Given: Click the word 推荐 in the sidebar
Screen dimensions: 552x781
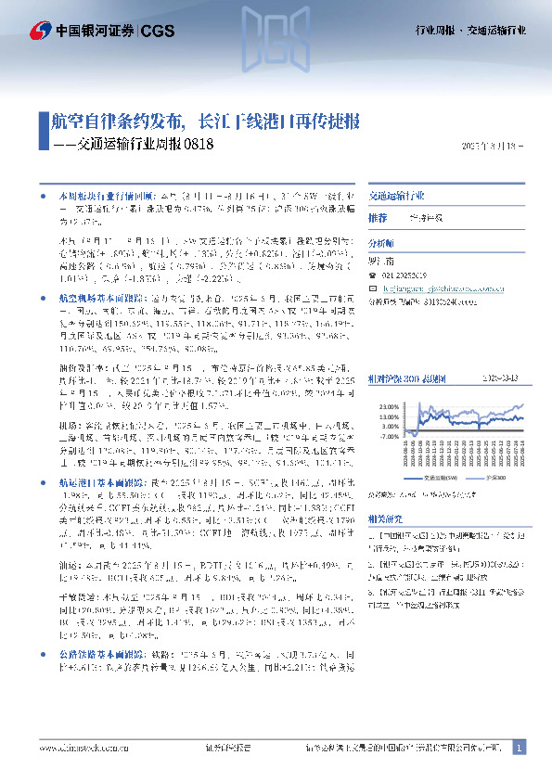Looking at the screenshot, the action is [378, 218].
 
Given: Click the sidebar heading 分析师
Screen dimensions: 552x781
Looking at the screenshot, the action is [381, 242].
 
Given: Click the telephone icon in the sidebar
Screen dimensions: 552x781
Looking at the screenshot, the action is [373, 275].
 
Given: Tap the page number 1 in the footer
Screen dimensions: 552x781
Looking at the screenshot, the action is [519, 747].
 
